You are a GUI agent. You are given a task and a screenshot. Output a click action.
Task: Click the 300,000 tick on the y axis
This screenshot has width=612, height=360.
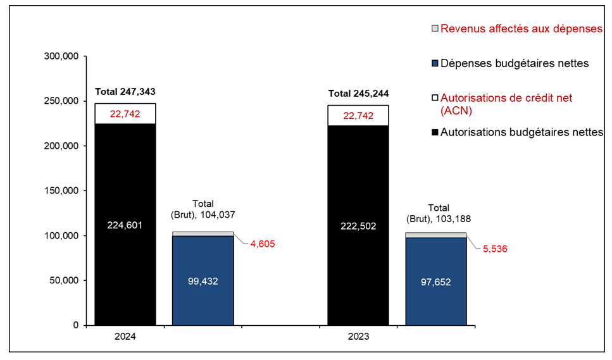61,56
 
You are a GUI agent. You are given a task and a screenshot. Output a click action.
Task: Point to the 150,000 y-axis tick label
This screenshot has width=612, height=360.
61,191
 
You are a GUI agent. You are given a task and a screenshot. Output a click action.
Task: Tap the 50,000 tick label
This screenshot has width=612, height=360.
63,281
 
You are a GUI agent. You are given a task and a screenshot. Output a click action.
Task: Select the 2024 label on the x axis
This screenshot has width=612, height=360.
125,338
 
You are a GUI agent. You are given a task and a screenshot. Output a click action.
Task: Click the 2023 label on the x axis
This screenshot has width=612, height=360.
358,338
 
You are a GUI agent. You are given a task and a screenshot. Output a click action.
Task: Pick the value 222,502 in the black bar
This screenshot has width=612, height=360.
358,226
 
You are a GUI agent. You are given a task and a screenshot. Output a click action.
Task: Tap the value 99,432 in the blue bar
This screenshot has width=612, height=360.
203,282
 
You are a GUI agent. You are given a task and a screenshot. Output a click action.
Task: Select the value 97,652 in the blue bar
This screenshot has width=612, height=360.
436,282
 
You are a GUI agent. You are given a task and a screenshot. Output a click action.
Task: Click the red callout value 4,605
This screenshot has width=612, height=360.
260,244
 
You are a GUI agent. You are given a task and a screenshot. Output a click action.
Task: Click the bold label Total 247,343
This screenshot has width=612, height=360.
125,92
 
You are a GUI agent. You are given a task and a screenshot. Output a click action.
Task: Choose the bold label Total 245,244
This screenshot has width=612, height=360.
358,93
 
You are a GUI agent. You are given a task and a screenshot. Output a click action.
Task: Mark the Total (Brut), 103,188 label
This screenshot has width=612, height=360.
438,213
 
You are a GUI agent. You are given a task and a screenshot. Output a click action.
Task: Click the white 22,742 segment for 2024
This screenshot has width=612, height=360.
125,114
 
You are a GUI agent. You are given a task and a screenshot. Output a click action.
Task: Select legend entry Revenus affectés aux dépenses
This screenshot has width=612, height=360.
521,28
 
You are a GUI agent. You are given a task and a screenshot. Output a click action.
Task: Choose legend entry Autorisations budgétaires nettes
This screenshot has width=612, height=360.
521,132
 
